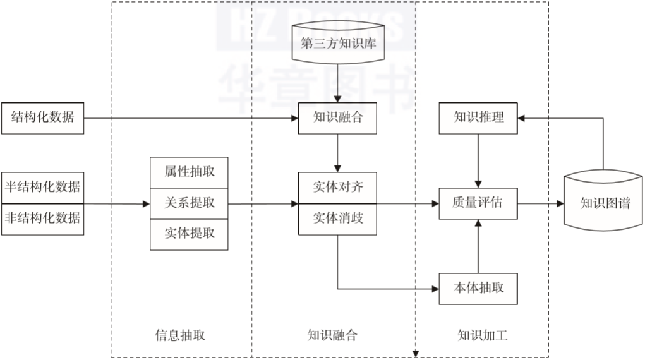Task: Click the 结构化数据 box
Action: (x=42, y=117)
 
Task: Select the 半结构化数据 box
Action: (x=42, y=187)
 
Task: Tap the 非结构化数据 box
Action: (x=42, y=219)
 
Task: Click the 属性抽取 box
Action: (x=189, y=171)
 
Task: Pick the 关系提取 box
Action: (x=189, y=203)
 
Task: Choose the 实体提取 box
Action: (x=189, y=234)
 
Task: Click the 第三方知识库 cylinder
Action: (x=338, y=44)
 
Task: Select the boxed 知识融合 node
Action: (x=338, y=117)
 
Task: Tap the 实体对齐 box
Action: (x=338, y=188)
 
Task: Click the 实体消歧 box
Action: (x=338, y=219)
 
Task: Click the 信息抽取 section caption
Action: (x=180, y=335)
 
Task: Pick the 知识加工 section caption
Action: (x=482, y=335)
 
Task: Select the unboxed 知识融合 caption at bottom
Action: (x=332, y=335)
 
